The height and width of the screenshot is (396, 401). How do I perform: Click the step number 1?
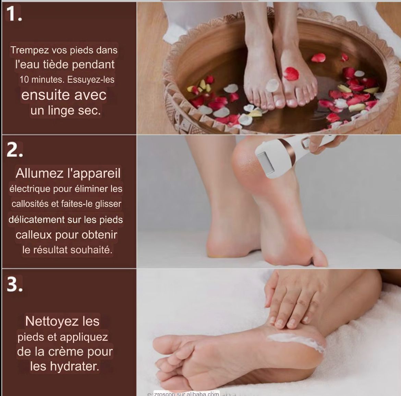click(x=14, y=13)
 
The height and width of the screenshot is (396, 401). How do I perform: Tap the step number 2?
click(x=15, y=150)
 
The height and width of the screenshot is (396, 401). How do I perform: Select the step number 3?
click(x=15, y=284)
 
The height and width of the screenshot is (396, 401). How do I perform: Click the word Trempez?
click(x=30, y=50)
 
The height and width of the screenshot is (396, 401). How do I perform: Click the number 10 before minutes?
click(x=24, y=80)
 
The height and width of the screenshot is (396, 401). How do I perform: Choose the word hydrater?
click(x=74, y=366)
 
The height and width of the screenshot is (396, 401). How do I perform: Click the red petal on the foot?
click(x=291, y=73)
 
